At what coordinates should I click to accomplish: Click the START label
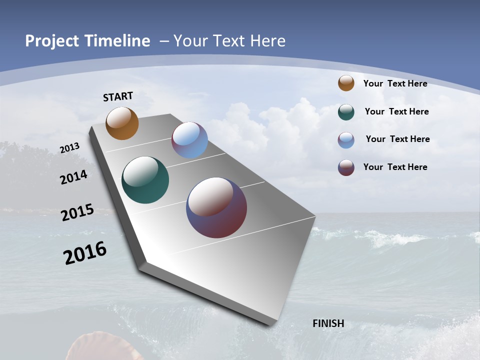(118, 96)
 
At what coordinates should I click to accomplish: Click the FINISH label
(328, 323)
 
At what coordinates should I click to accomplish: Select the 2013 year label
(70, 148)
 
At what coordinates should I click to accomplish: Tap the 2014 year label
(74, 177)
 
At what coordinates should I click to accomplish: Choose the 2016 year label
(85, 252)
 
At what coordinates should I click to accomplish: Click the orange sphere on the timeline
(122, 123)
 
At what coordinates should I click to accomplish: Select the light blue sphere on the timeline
(189, 140)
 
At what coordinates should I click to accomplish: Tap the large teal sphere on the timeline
(145, 180)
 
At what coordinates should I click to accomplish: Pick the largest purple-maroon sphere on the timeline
(216, 207)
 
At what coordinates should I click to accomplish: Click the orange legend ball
(346, 83)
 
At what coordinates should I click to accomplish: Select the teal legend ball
(346, 112)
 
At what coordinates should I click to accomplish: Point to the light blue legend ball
(346, 140)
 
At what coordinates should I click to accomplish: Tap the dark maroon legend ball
(346, 167)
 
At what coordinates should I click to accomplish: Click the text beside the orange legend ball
(395, 83)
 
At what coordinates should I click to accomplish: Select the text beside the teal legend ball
(396, 111)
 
